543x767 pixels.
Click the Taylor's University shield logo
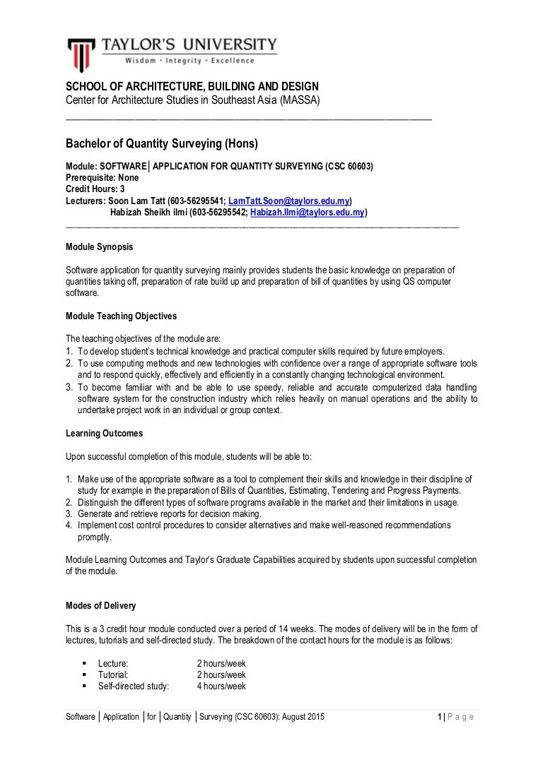pyautogui.click(x=81, y=54)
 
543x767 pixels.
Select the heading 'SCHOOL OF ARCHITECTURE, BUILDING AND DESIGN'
pyautogui.click(x=192, y=87)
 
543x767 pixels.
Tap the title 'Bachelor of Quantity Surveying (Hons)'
pyautogui.click(x=162, y=144)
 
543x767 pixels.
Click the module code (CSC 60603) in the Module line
pyautogui.click(x=349, y=167)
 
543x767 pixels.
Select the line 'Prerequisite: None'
pyautogui.click(x=103, y=178)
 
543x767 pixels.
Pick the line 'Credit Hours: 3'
pyautogui.click(x=95, y=189)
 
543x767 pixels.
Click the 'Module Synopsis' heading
pyautogui.click(x=99, y=247)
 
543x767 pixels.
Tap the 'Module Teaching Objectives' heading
pyautogui.click(x=121, y=316)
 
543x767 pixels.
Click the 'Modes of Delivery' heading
pyautogui.click(x=101, y=606)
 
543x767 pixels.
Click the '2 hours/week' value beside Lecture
pyautogui.click(x=221, y=664)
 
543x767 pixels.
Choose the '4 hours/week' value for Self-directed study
pyautogui.click(x=221, y=686)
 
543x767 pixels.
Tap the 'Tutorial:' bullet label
pyautogui.click(x=113, y=675)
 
